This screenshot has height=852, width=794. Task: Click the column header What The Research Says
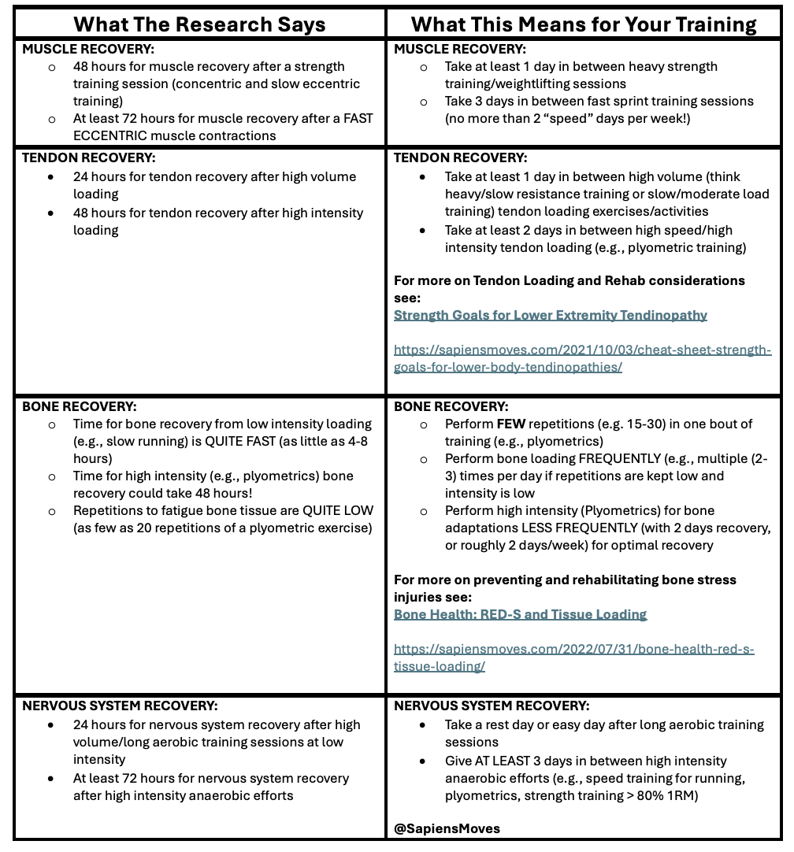[199, 24]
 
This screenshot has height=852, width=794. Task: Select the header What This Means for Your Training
[584, 24]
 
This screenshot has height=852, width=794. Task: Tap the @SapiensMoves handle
[447, 828]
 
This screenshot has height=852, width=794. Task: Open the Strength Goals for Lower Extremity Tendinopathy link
[551, 315]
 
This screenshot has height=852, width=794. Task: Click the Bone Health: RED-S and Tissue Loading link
[520, 614]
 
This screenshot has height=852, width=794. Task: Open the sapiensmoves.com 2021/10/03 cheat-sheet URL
[582, 358]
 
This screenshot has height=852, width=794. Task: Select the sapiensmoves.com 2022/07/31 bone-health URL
[573, 658]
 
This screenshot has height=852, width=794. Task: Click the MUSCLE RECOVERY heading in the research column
[88, 50]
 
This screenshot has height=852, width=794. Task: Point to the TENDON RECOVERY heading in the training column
[461, 158]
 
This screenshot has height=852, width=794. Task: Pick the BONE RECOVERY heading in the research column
[79, 407]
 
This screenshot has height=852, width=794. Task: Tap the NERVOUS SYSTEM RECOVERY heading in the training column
[492, 706]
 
